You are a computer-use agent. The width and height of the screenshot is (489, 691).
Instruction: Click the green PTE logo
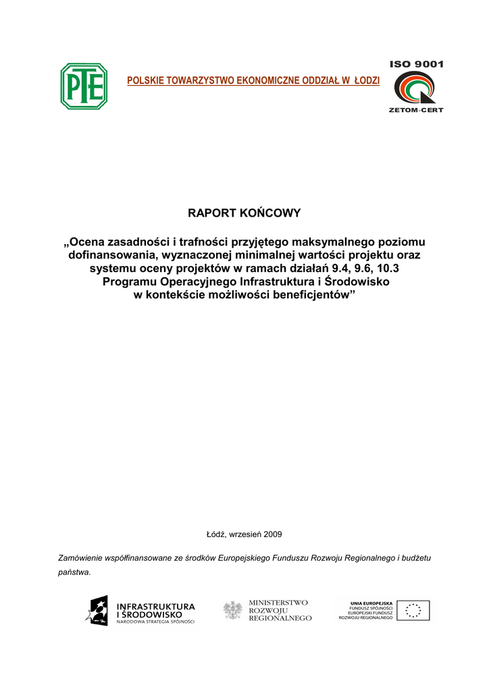pos(84,86)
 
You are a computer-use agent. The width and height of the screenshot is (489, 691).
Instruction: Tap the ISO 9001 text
pos(416,64)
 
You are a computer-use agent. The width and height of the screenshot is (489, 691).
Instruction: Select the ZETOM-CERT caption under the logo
pos(416,110)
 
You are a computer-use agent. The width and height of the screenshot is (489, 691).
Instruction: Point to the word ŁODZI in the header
pos(366,81)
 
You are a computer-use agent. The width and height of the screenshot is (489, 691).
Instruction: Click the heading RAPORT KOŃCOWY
pos(244,213)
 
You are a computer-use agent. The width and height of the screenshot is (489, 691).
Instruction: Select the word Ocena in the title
pos(88,242)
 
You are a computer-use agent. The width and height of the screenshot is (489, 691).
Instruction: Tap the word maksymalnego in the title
pos(326,242)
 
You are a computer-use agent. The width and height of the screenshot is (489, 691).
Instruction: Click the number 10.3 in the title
pos(384,269)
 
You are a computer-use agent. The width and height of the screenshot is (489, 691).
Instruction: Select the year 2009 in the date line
pos(273,534)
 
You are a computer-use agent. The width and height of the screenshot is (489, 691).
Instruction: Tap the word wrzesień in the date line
pos(246,534)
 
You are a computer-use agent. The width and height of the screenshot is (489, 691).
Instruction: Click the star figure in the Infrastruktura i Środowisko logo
pos(97,611)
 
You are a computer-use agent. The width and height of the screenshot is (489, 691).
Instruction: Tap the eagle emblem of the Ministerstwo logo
pos(233,611)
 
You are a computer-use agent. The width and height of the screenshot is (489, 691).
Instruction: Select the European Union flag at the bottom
pos(413,611)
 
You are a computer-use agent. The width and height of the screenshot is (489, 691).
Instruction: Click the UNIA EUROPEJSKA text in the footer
pos(371,603)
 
